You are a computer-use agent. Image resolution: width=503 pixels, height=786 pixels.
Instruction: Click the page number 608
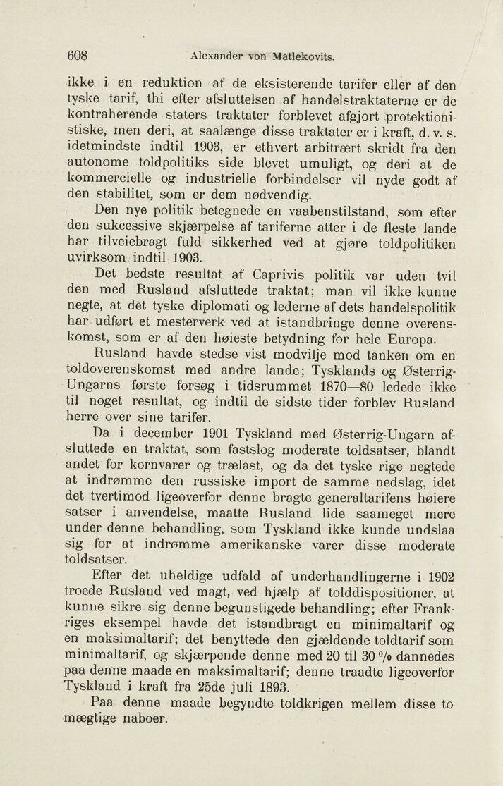click(77, 56)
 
